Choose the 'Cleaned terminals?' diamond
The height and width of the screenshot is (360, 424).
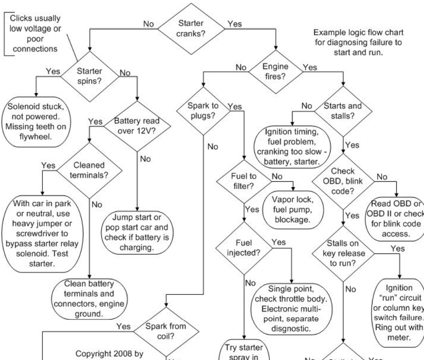pyautogui.click(x=88, y=170)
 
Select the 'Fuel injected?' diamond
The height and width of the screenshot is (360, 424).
pyautogui.click(x=245, y=247)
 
